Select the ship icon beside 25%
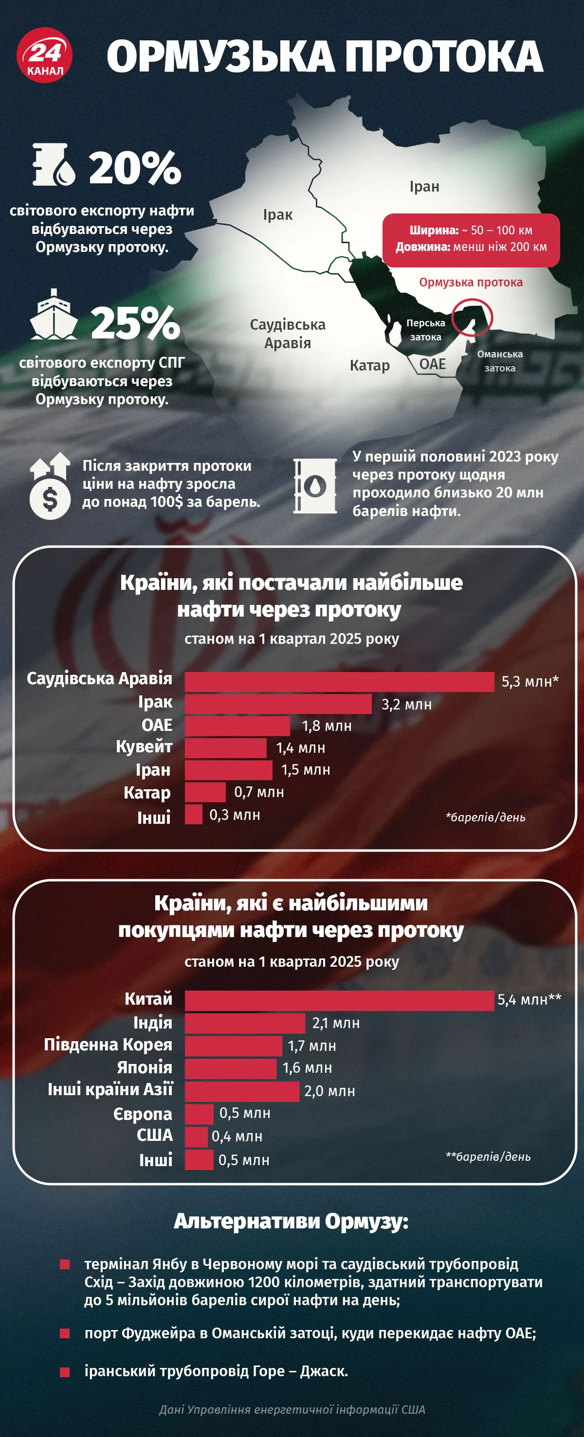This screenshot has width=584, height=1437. pos(54,315)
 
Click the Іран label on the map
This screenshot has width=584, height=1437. pos(424,186)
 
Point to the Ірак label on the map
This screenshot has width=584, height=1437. pos(277,215)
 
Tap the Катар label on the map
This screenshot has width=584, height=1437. pos(369,365)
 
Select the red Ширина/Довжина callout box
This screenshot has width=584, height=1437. pos(471,239)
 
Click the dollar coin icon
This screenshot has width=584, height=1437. pos(50,499)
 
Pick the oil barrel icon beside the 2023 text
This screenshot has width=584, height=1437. pos(315,486)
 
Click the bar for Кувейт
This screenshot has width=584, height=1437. pos(225,748)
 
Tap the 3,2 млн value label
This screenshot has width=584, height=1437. pos(406,704)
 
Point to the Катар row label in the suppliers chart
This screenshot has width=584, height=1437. pos(147,793)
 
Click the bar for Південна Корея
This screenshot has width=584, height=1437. pos(234,1046)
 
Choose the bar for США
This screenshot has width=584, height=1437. pos(196,1137)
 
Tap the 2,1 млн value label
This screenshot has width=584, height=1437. pos(335,1023)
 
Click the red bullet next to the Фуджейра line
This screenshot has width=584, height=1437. pos(65,1333)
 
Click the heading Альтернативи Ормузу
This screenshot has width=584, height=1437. pos(292,1222)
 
